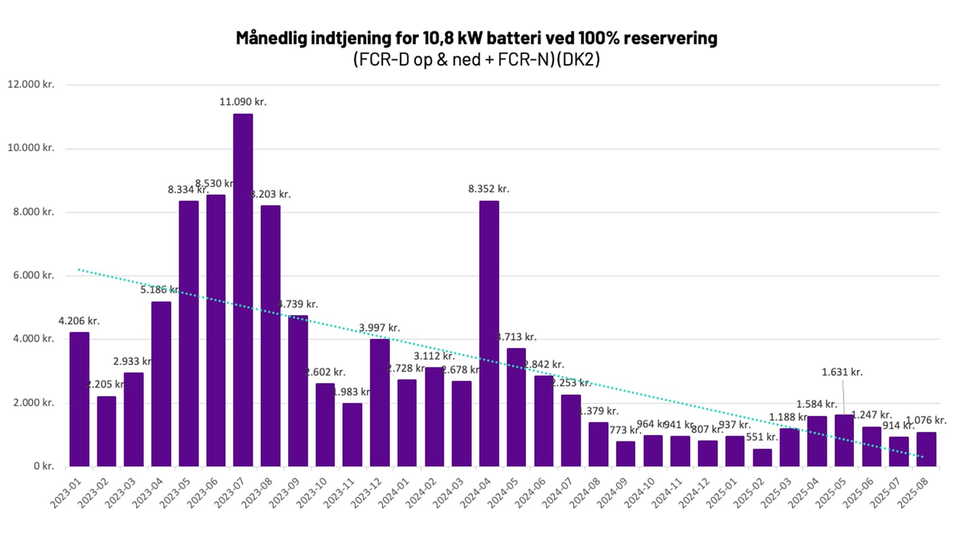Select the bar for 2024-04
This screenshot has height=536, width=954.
(489, 334)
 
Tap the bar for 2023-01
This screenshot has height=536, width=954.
(79, 399)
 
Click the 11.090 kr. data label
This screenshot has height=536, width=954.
(243, 102)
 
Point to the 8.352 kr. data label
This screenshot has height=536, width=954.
(488, 189)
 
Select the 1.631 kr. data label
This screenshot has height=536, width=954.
(842, 372)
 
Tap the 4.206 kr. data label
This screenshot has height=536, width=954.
(79, 321)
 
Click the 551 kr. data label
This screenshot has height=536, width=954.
(762, 437)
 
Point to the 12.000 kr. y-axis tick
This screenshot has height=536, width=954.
(30, 85)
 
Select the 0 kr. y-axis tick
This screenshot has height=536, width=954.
(44, 466)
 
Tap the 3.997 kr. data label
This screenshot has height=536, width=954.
(379, 328)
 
